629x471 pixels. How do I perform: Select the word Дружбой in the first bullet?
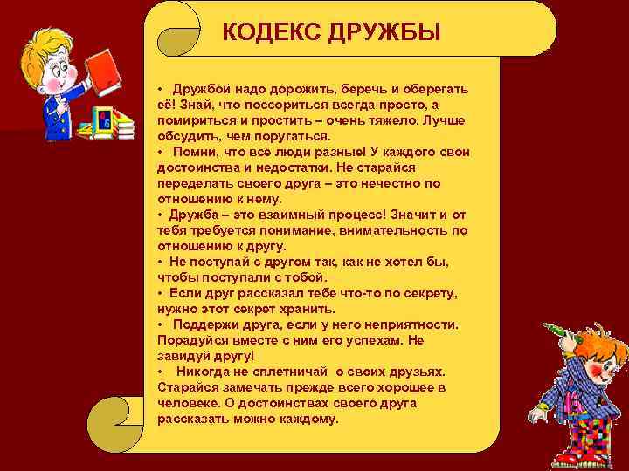[200, 91]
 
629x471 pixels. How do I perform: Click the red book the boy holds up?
[105, 67]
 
